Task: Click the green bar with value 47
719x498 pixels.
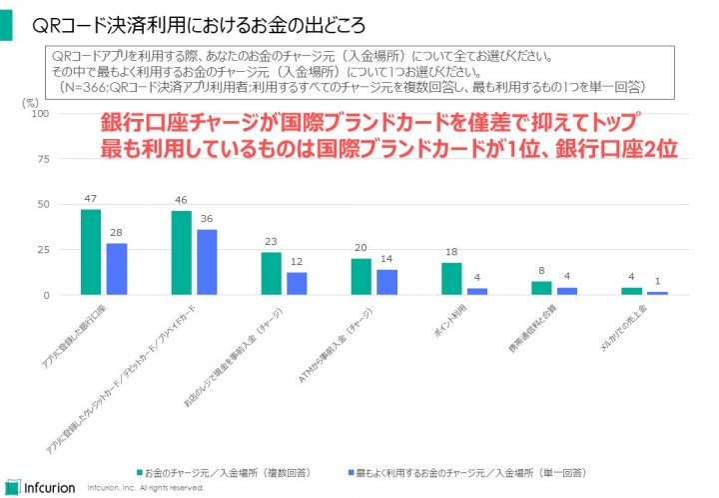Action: click(90, 252)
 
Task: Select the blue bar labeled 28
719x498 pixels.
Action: click(117, 269)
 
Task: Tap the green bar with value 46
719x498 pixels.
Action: click(181, 253)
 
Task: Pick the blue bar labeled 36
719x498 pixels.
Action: click(207, 262)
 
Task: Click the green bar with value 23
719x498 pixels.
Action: click(271, 274)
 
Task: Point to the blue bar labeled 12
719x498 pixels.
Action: click(297, 284)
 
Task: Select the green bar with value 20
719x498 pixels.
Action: click(360, 277)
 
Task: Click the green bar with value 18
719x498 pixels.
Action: click(451, 279)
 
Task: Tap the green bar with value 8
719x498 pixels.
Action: click(541, 288)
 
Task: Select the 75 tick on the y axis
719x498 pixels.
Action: click(43, 159)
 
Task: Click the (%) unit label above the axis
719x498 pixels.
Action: click(29, 101)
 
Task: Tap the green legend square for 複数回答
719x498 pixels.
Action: click(141, 470)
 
